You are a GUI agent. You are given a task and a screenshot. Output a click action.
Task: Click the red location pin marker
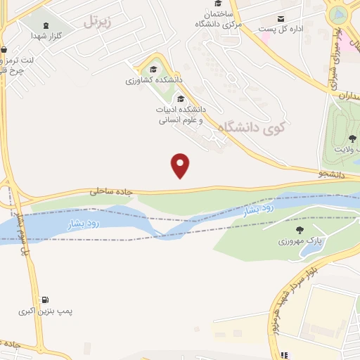click(181, 165)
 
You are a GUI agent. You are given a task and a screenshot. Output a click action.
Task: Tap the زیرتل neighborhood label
click(98, 22)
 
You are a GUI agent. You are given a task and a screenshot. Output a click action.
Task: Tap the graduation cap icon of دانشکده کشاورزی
click(153, 69)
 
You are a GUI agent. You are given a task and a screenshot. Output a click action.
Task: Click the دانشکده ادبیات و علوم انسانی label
click(181, 115)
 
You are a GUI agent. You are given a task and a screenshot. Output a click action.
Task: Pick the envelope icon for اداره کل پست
click(281, 19)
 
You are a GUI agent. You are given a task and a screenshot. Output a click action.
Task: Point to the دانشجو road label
click(332, 172)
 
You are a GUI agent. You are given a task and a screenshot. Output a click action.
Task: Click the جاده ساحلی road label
click(110, 190)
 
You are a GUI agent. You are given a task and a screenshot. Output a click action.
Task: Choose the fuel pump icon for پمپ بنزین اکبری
click(46, 300)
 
